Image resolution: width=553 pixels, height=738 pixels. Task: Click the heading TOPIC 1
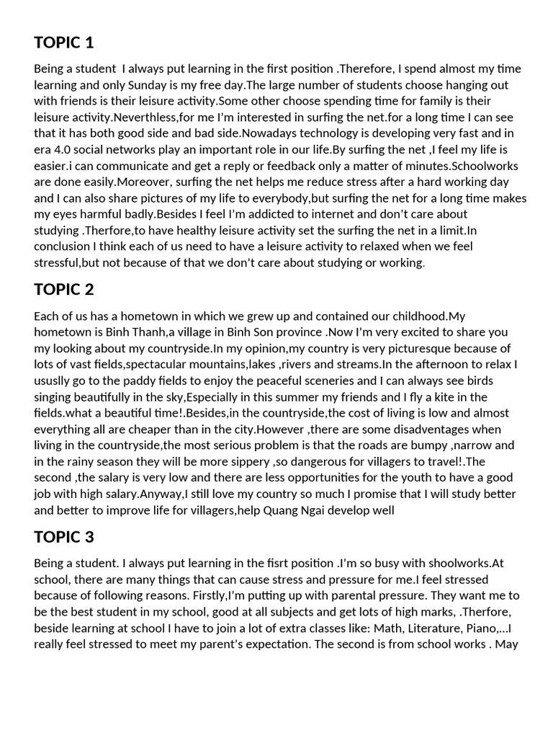click(63, 43)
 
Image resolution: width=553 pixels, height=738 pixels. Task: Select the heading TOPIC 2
click(63, 290)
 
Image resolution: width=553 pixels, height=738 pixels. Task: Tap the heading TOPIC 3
click(63, 537)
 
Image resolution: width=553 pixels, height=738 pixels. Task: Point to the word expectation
click(264, 644)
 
